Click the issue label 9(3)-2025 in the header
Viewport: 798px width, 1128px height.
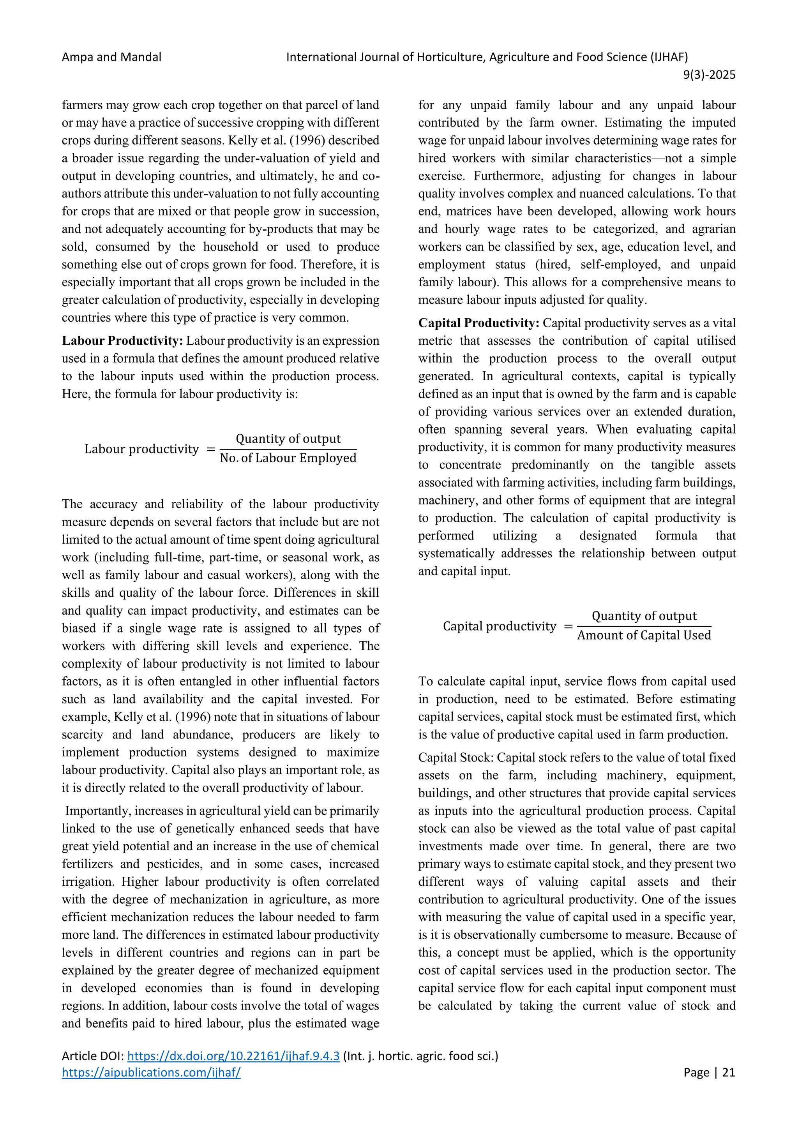709,75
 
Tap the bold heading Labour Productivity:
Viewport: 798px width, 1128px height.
122,340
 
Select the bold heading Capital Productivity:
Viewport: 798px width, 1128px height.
478,323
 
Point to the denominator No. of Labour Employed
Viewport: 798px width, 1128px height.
288,458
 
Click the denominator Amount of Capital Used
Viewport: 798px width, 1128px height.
644,635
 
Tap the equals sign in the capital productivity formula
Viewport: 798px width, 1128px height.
568,626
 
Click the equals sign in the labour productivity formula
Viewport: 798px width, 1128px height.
211,449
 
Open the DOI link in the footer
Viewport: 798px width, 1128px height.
233,1056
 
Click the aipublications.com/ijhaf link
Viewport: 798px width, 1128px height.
151,1072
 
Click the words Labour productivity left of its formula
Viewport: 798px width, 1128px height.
141,449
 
